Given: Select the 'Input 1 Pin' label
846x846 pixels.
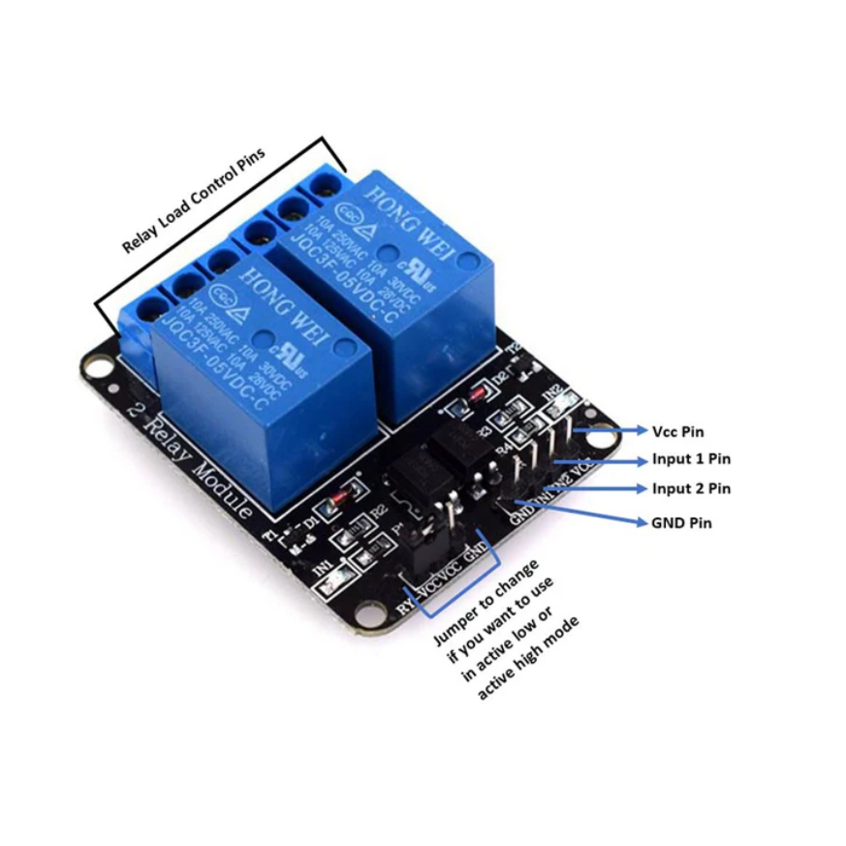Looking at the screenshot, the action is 692,459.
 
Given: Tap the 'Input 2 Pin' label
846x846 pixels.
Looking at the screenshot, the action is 692,488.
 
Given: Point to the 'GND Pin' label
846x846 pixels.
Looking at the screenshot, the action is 682,522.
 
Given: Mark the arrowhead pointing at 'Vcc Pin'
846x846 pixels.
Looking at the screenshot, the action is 642,430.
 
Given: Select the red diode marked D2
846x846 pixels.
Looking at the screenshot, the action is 477,393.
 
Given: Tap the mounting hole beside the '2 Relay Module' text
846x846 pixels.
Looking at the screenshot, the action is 96,366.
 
